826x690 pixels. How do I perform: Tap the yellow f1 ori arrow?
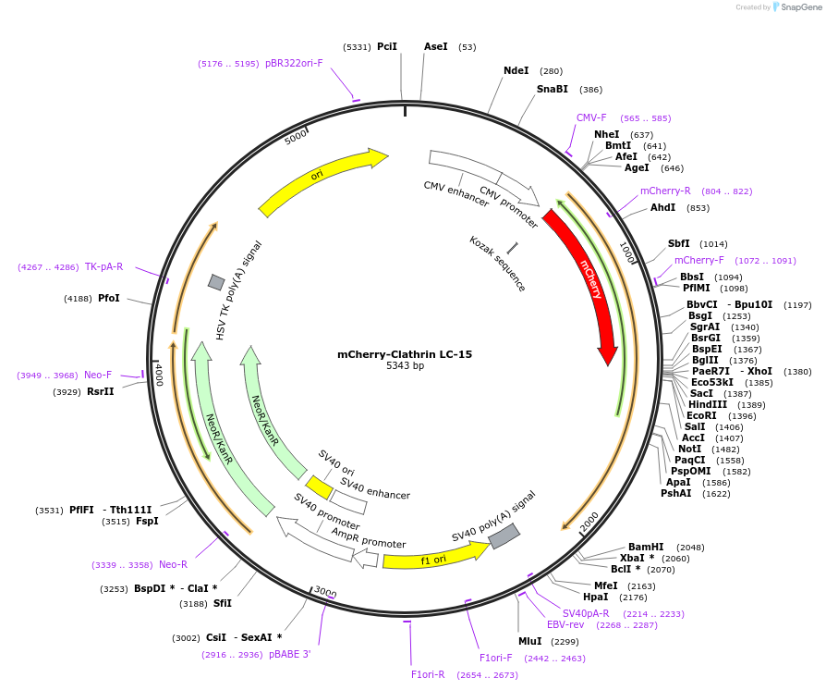point(434,558)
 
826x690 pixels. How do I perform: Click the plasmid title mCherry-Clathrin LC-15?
point(405,354)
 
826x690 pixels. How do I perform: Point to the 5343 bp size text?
point(405,366)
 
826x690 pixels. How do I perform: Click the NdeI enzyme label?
point(516,70)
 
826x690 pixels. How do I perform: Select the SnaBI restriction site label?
point(552,89)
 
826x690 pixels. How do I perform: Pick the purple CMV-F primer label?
point(591,117)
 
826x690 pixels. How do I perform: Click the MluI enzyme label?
point(529,641)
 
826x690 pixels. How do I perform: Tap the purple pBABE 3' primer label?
point(289,654)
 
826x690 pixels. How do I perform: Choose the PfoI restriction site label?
point(109,298)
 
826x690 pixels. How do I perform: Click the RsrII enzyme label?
point(101,391)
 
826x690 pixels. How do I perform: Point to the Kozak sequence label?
point(497,264)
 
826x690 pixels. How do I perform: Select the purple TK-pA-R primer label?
point(103,266)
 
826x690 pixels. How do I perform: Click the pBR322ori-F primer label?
point(294,63)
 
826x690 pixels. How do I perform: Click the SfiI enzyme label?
point(222,603)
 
